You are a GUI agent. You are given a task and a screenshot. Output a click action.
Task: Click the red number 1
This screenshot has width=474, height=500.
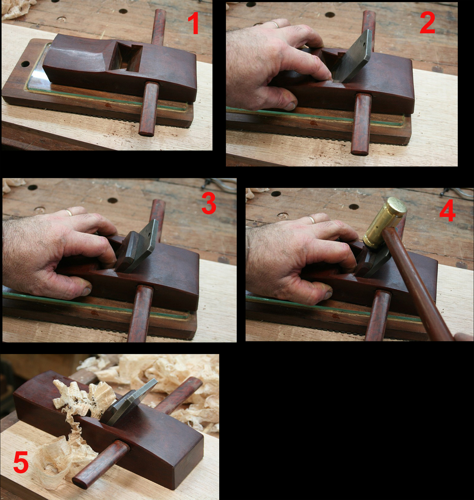pos(193,23)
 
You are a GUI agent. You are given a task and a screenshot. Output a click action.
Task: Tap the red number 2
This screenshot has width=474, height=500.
pos(427,23)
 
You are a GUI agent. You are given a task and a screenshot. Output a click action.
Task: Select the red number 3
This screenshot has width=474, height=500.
pos(209,203)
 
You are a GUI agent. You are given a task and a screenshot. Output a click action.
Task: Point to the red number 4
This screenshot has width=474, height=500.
pos(447,210)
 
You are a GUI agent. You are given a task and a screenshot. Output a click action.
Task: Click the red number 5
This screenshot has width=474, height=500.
pos(21,462)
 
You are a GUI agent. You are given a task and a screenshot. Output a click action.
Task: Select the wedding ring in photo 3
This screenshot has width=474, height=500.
pos(69,212)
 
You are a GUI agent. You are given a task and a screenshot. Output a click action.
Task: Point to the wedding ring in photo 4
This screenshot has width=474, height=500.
pos(312,219)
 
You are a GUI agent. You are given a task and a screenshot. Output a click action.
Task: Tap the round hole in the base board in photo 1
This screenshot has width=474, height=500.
pos(25,64)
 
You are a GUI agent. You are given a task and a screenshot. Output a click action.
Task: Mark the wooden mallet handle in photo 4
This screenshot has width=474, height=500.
pos(418,284)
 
